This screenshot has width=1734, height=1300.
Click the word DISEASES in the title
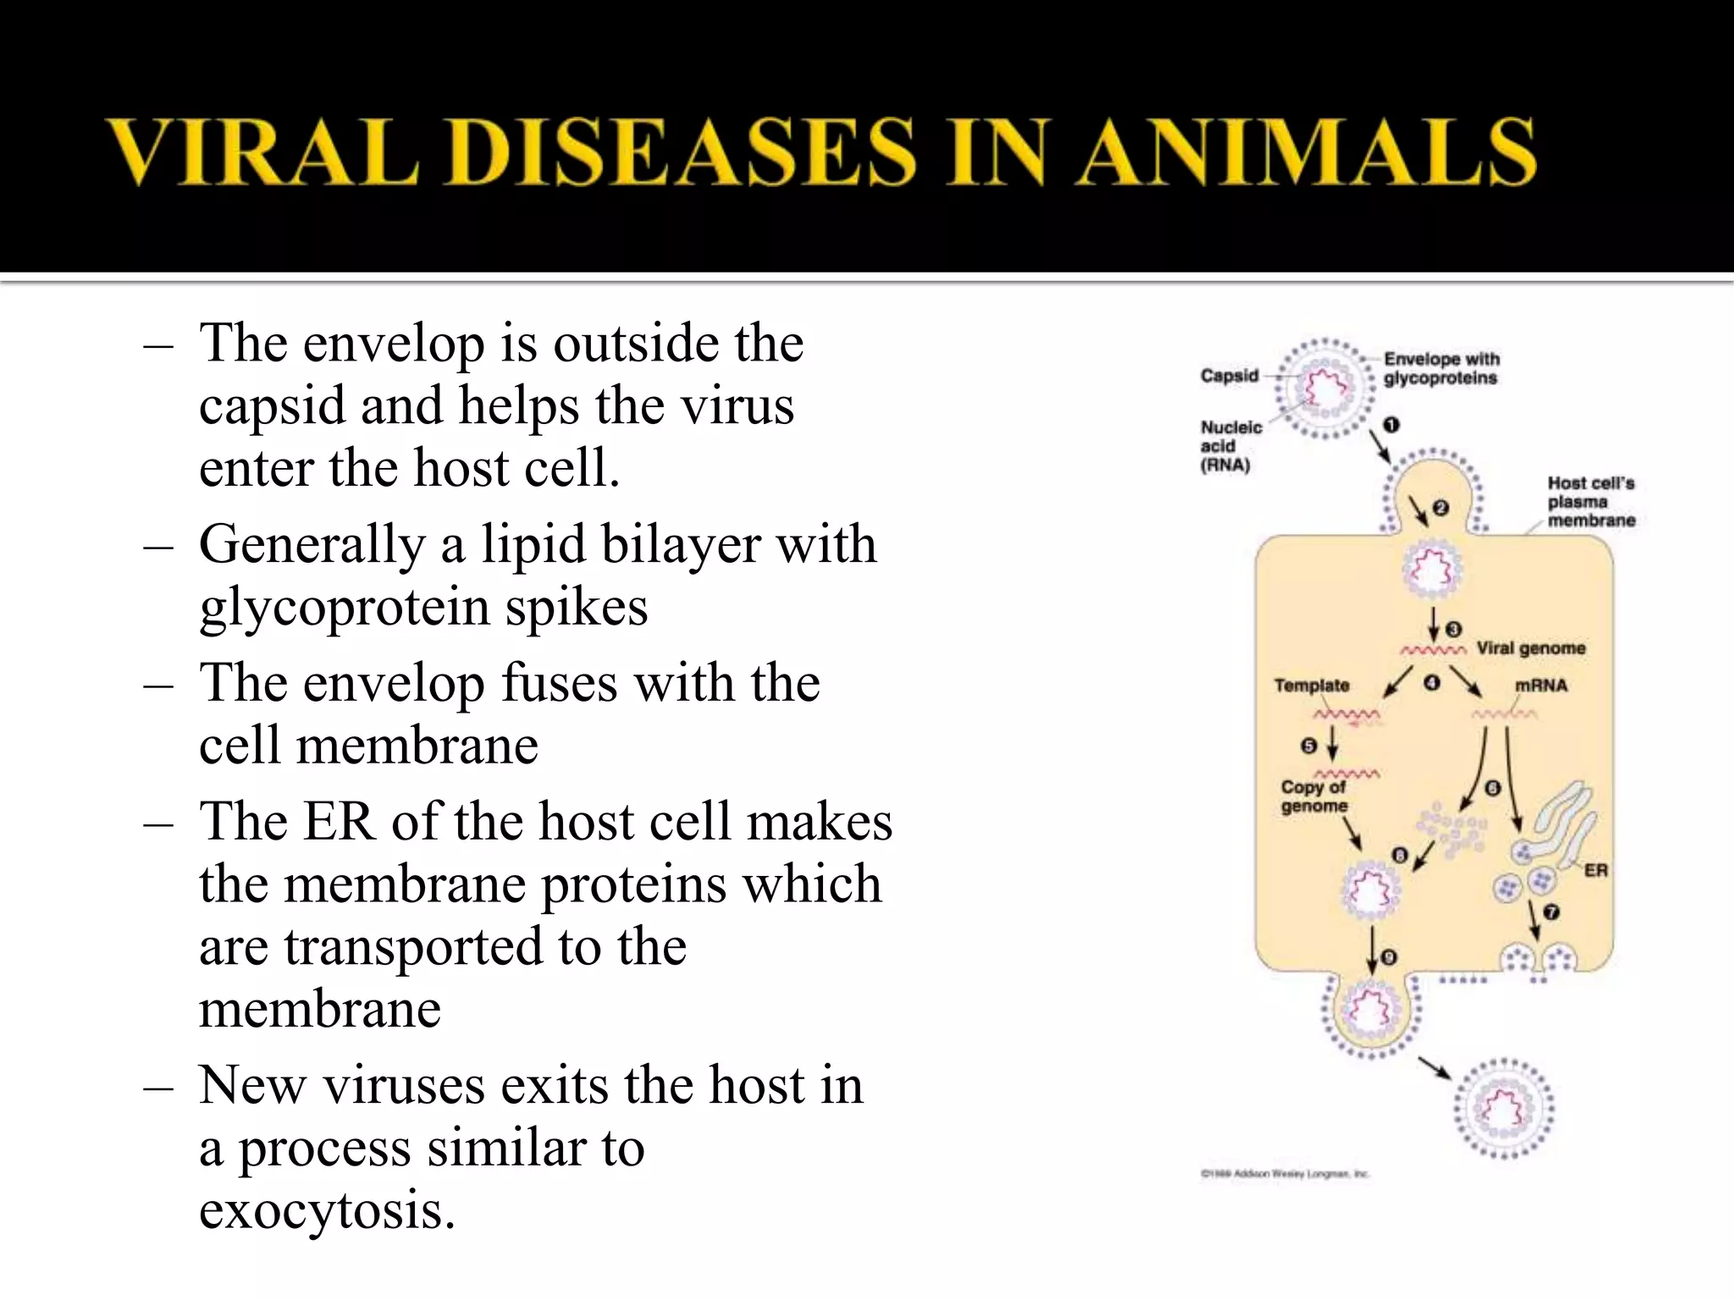point(686,151)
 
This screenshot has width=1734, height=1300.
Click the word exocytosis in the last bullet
point(327,1209)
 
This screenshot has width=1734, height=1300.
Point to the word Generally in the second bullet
point(312,544)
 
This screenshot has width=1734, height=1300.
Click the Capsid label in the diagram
point(1229,376)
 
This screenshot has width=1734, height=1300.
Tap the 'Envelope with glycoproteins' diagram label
point(1441,368)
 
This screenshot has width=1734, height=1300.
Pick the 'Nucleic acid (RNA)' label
point(1230,446)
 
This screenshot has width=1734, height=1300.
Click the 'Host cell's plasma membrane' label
point(1591,502)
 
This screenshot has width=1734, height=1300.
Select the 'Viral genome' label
point(1531,648)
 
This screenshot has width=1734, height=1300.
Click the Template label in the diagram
point(1312,686)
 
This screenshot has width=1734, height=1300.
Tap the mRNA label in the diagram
point(1541,686)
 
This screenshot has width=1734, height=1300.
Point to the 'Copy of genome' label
point(1314,796)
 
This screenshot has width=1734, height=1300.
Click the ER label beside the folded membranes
point(1595,870)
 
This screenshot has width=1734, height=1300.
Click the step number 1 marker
point(1391,425)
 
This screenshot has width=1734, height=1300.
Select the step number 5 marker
point(1309,746)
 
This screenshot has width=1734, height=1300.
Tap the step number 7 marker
point(1551,912)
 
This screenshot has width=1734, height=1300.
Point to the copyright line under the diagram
point(1284,1174)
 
